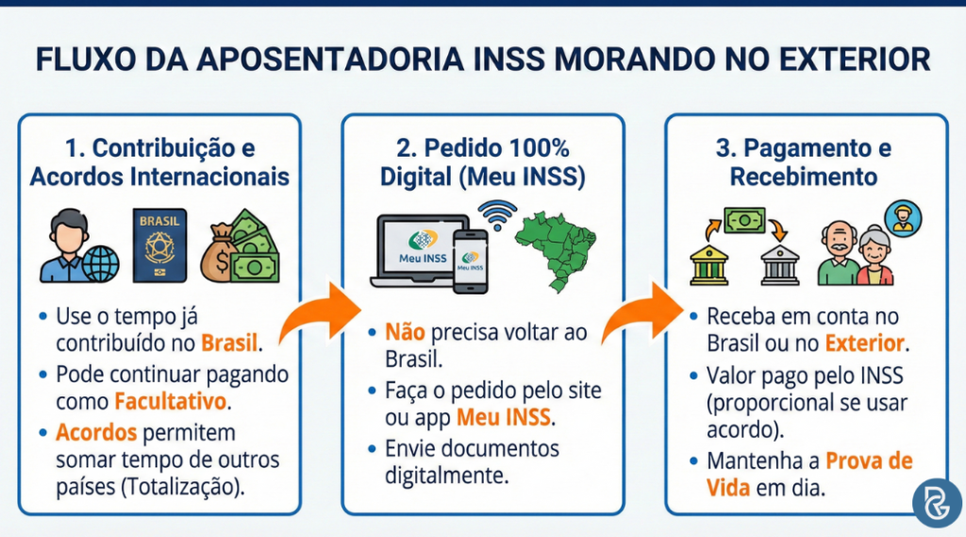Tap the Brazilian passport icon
click(x=159, y=244)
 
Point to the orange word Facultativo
click(x=171, y=401)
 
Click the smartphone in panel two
click(x=470, y=257)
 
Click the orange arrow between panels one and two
click(x=322, y=316)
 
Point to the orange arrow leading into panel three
click(x=642, y=316)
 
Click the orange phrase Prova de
click(x=869, y=461)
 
